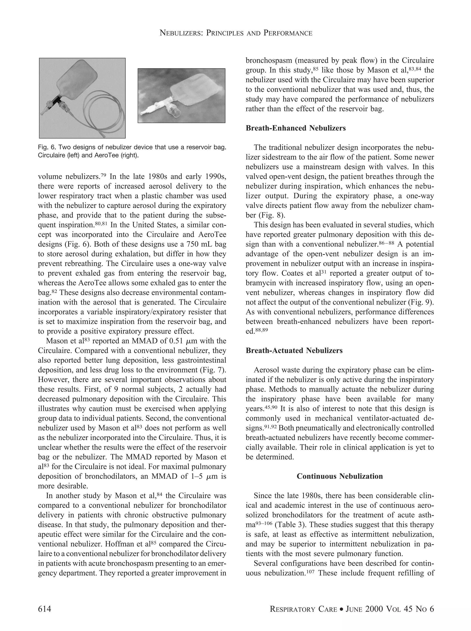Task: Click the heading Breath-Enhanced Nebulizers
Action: click(296, 128)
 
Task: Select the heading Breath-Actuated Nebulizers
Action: click(294, 351)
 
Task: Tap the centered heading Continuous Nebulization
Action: click(340, 476)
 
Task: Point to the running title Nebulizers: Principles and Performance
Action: click(236, 33)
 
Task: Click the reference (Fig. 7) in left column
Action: click(212, 370)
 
